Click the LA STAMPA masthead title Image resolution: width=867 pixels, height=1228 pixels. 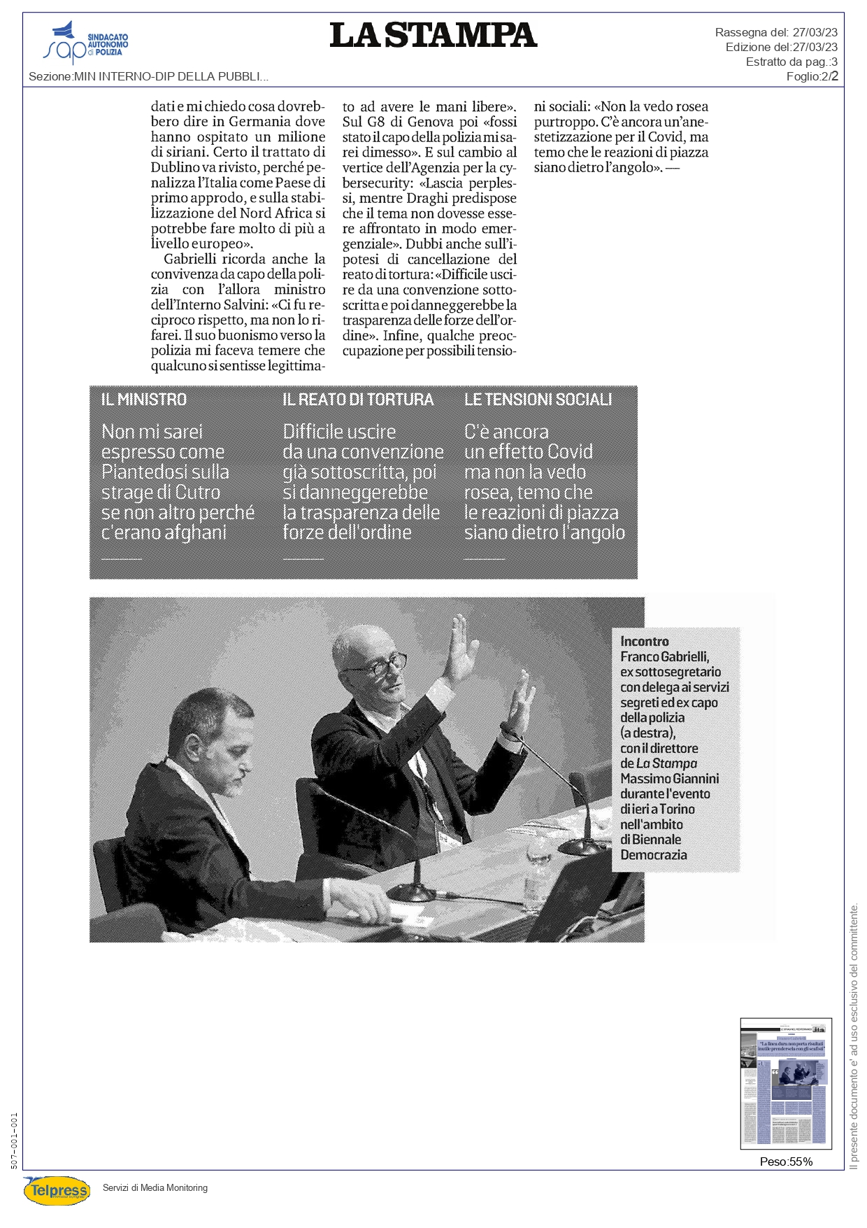(x=433, y=36)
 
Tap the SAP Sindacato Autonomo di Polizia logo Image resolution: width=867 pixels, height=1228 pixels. (x=85, y=44)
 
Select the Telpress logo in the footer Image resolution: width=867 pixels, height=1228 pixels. (x=57, y=1190)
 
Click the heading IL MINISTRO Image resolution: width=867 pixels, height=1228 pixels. (x=144, y=400)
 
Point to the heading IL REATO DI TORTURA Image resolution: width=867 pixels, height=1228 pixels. (x=358, y=400)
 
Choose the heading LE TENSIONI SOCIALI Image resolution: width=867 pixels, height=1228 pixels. (x=538, y=400)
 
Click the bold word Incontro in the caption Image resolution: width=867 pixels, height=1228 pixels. (x=644, y=642)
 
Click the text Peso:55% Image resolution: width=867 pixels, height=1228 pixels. (x=786, y=1162)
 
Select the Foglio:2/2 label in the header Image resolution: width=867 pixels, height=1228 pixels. (x=812, y=76)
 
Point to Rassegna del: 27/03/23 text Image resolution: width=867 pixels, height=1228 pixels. (x=776, y=32)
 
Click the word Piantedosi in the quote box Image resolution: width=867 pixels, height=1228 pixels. (x=165, y=472)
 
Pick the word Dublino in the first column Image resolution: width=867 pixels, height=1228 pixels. (x=175, y=168)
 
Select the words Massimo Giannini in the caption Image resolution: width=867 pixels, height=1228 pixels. (x=669, y=779)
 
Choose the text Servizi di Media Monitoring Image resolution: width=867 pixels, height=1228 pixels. (x=155, y=1187)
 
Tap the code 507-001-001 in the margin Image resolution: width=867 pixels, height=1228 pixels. (x=15, y=1141)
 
